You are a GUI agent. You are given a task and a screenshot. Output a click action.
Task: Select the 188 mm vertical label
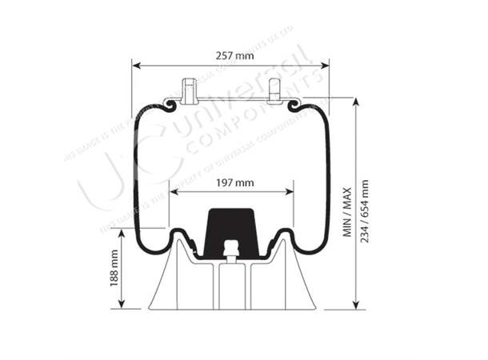(114, 268)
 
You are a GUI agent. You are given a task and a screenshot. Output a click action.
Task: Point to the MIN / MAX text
(347, 209)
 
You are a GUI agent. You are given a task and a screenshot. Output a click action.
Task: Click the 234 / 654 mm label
(366, 209)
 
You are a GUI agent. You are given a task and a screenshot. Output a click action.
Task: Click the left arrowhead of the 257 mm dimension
(135, 66)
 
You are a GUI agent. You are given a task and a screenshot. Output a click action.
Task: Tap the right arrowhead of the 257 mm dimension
(326, 66)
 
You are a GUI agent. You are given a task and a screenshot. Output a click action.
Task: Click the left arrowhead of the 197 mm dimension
(172, 193)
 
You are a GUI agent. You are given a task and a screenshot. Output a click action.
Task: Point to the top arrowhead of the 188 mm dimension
(122, 232)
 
